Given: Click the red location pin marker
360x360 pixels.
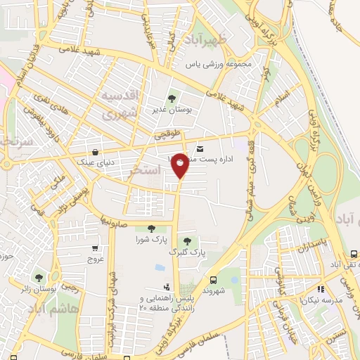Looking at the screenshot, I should click(180, 164).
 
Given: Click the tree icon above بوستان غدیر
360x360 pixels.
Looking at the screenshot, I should click(172, 98).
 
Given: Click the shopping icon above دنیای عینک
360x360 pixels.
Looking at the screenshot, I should click(94, 152).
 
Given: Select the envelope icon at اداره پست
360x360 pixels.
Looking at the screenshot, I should click(200, 149).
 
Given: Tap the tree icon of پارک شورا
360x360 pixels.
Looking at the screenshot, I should click(151, 228).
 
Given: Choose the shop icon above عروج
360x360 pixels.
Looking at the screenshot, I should click(95, 247).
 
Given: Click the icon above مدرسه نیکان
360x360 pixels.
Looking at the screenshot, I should click(321, 288).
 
